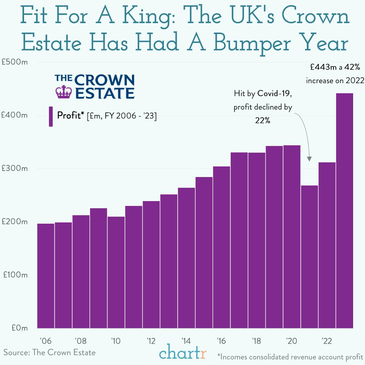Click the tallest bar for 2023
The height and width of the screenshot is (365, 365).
pyautogui.click(x=345, y=210)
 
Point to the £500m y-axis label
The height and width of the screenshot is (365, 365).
pyautogui.click(x=15, y=62)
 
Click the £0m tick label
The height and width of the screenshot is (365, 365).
pyautogui.click(x=19, y=328)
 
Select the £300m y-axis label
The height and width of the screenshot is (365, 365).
pyautogui.click(x=15, y=168)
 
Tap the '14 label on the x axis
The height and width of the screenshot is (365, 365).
pyautogui.click(x=186, y=341)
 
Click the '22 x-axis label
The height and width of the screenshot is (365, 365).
pyautogui.click(x=327, y=341)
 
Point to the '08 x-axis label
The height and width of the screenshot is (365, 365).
pyautogui.click(x=80, y=341)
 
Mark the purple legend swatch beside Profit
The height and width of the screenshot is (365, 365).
pyautogui.click(x=51, y=116)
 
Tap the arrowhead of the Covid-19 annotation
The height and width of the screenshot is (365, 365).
pyautogui.click(x=309, y=159)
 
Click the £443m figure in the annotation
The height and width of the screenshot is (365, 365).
pyautogui.click(x=323, y=67)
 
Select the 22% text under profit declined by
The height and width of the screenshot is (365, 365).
pyautogui.click(x=263, y=121)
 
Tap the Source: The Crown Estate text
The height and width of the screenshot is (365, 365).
pyautogui.click(x=49, y=353)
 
